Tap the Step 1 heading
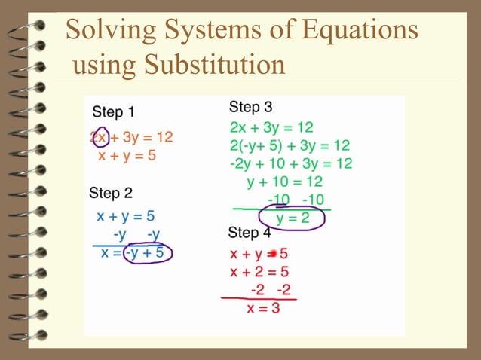point(113,112)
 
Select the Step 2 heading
point(110,192)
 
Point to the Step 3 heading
point(250,107)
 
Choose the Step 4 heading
point(249,232)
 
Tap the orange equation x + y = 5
point(127,156)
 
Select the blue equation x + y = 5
point(126,216)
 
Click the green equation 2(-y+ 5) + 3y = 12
point(290,145)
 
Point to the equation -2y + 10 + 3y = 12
point(291,163)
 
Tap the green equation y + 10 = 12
point(284,182)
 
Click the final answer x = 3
point(263,307)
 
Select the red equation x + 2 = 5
point(259,272)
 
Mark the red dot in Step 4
point(273,254)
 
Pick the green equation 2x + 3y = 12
point(271,127)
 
